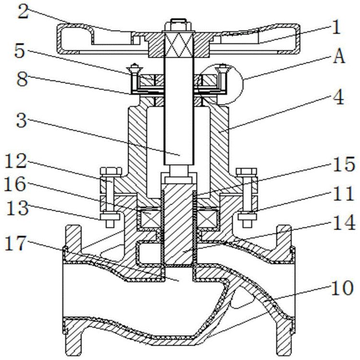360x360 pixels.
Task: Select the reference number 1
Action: [x=336, y=28]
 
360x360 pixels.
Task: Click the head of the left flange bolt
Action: [x=106, y=171]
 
